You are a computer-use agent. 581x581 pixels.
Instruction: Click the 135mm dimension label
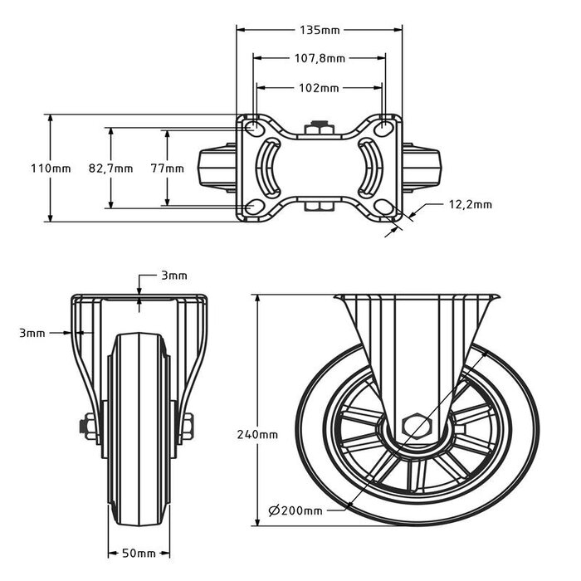(x=320, y=31)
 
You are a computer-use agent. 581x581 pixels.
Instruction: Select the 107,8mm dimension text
(x=320, y=59)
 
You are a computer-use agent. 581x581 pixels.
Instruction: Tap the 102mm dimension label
(x=320, y=87)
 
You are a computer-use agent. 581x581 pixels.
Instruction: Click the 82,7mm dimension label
(x=110, y=168)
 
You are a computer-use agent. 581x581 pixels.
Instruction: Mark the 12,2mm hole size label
(x=470, y=203)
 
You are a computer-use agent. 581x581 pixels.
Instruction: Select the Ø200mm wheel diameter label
(x=296, y=510)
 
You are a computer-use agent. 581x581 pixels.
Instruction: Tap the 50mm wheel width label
(x=139, y=553)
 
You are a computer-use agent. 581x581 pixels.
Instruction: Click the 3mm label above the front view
(x=173, y=275)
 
